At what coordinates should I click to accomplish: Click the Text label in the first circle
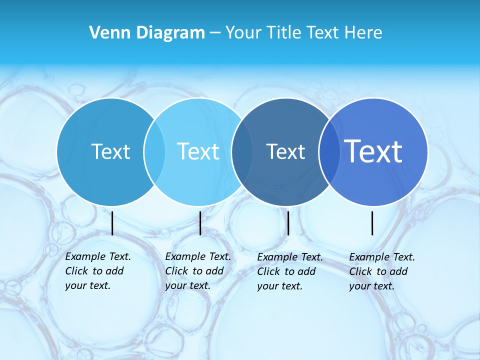coord(110,151)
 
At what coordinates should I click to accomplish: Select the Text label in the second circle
coord(198,151)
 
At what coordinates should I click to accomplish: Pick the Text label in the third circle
coord(285,151)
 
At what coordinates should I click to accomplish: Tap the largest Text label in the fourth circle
coord(373,151)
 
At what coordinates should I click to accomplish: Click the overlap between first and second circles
coord(154,152)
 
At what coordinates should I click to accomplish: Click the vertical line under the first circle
coord(112,223)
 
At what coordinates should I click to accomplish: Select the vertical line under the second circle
coord(200,223)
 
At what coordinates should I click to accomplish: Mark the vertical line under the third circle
coord(288,223)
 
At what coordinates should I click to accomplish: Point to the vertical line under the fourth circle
coord(372,223)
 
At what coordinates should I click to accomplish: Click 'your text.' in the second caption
coord(187,285)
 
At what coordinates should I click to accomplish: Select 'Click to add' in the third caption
coord(286,271)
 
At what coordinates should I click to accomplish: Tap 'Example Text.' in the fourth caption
coord(382,257)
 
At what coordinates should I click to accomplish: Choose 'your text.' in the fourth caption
coord(371,286)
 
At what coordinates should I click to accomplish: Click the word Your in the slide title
coord(244,33)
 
